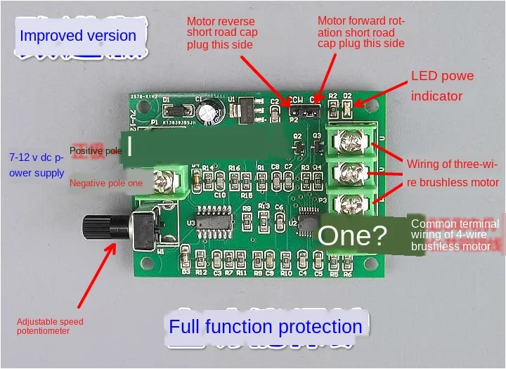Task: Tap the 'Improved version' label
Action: tap(78, 36)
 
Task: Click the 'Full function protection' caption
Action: tap(265, 327)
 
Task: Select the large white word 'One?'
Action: tap(352, 235)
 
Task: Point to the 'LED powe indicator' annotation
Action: tap(442, 86)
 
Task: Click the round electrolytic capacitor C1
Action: tap(207, 112)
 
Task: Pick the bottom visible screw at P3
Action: tap(349, 203)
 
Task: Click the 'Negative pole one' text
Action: tap(105, 183)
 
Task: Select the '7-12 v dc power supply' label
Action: tap(37, 164)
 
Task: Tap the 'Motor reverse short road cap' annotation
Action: tap(221, 32)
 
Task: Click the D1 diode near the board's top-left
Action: tap(176, 110)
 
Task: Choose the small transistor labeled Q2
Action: tap(298, 145)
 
